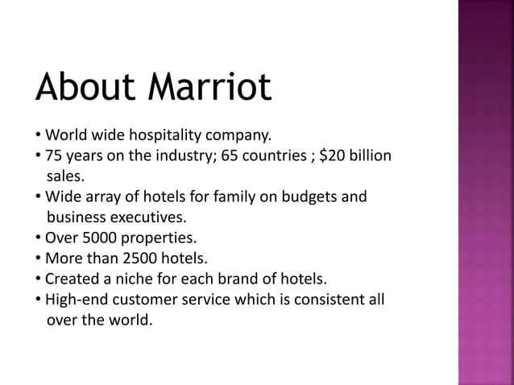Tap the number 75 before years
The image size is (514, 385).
[54, 155]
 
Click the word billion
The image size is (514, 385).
[371, 155]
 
